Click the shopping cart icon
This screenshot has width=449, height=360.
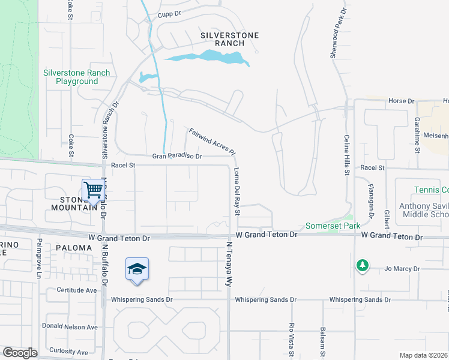(94, 190)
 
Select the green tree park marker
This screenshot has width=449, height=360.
(362, 265)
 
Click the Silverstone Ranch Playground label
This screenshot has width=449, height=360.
(76, 77)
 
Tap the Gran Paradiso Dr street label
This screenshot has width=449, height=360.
(177, 156)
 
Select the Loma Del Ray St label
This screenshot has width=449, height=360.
(237, 192)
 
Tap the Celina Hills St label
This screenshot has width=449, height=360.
(346, 155)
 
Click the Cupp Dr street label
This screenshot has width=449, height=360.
(169, 14)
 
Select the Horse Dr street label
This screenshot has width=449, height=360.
(402, 101)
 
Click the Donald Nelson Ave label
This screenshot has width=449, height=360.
(70, 327)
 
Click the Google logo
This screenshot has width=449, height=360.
(20, 353)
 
